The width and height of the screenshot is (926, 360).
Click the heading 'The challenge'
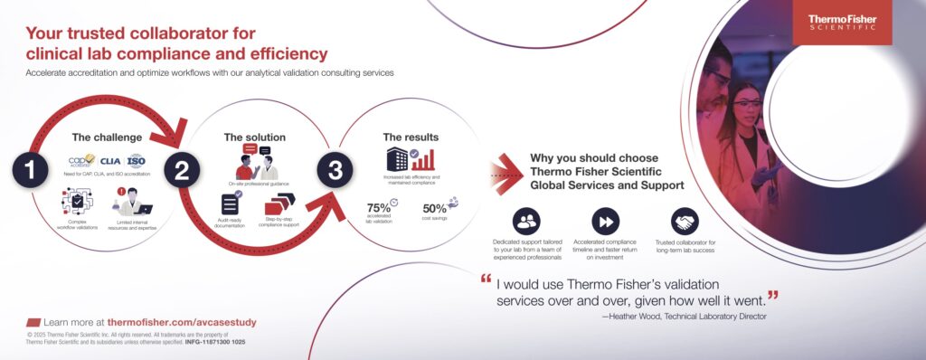pos(107,137)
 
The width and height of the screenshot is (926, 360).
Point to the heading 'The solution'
pos(254,137)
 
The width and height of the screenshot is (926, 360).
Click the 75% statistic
pos(379,207)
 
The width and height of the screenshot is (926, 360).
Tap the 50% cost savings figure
pos(435,207)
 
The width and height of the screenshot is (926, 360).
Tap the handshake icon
pos(685,221)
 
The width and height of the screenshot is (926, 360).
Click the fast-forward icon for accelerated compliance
pos(605,221)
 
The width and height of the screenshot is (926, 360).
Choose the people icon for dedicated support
pos(525,221)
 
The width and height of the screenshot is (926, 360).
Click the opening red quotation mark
pos(487,279)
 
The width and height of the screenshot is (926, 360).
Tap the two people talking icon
pos(256,162)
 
